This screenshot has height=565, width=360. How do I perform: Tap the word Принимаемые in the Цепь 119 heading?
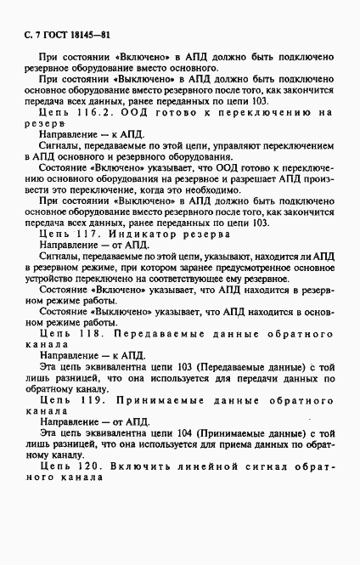coord(154,398)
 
